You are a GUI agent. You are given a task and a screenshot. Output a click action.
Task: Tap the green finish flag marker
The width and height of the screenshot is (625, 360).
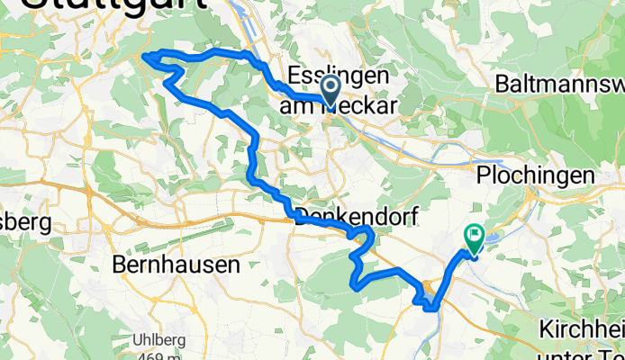click(x=474, y=237)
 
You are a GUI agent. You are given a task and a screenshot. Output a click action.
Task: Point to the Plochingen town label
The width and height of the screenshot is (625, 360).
click(x=538, y=173)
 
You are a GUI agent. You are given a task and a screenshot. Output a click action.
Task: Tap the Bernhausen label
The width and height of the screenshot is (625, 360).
click(x=177, y=265)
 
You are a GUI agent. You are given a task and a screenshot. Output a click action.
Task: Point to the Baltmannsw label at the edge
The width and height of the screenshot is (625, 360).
click(x=558, y=85)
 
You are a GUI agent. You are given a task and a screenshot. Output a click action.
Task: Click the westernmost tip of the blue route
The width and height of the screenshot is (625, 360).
click(x=144, y=58)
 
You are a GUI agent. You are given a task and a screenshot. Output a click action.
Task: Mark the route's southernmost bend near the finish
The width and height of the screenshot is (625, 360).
click(x=433, y=308)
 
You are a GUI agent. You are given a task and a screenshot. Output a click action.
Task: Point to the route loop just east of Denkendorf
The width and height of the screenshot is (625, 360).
click(x=365, y=236)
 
